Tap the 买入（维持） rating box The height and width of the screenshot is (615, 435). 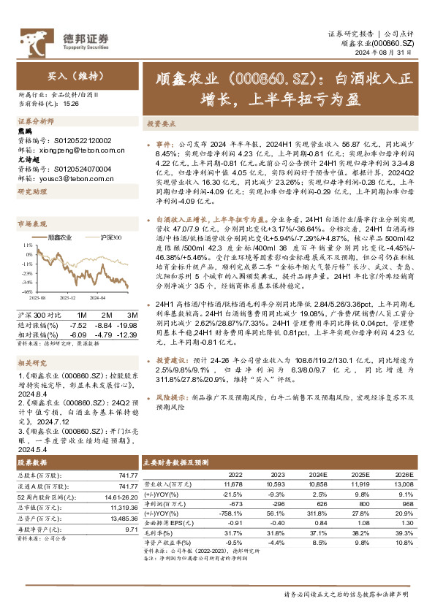[x=67, y=75]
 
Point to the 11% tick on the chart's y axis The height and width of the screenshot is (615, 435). [x=27, y=245]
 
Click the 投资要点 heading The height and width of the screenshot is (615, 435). [x=160, y=124]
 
